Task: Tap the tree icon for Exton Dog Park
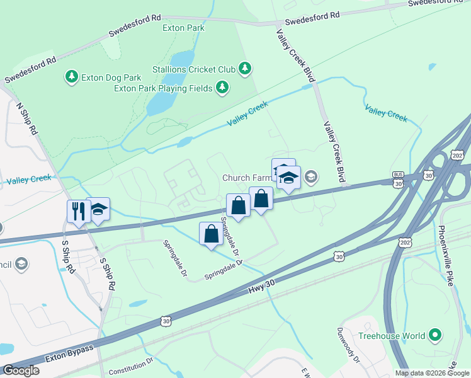click(x=72, y=77)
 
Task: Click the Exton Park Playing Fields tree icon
click(x=222, y=88)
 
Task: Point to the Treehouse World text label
click(x=392, y=336)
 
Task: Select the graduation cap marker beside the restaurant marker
click(x=98, y=209)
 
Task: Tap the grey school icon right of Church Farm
click(x=310, y=178)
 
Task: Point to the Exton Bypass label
click(x=69, y=357)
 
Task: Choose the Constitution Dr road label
click(x=131, y=367)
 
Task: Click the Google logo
click(x=21, y=370)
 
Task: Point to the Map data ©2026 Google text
click(x=431, y=373)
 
